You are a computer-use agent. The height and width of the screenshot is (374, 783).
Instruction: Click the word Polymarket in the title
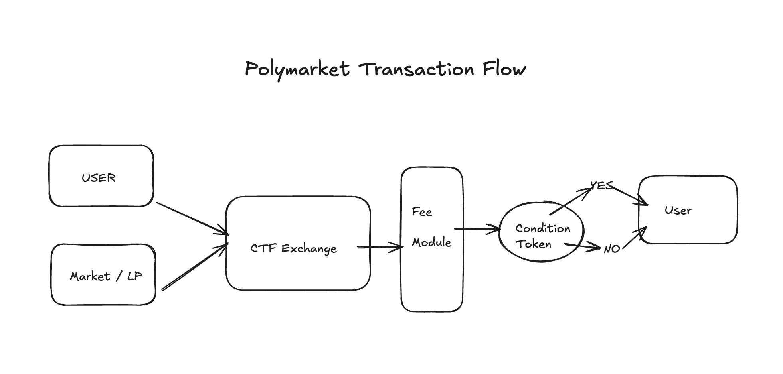297,69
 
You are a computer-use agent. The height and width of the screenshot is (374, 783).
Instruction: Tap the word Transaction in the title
416,69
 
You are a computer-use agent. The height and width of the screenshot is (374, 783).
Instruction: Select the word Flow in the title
504,69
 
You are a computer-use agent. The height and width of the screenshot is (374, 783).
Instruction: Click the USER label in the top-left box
99,178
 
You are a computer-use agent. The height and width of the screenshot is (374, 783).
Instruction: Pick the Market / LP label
106,276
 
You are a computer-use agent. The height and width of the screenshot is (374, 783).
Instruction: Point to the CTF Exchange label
293,248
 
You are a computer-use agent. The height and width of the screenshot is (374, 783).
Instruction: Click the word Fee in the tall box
422,212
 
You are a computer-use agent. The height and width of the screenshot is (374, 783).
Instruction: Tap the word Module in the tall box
431,242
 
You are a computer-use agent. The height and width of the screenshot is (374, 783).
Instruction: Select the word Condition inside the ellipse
543,228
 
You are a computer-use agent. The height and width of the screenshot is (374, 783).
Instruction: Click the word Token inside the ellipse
533,244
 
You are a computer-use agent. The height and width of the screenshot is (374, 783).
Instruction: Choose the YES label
601,186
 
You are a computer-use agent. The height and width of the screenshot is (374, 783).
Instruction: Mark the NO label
611,249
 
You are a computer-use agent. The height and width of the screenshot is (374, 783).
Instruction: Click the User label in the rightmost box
678,211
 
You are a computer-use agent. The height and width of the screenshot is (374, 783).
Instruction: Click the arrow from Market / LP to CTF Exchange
195,267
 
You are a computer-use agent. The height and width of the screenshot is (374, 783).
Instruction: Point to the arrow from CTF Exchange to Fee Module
380,248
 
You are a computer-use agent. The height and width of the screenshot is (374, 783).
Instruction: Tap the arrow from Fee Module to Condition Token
477,229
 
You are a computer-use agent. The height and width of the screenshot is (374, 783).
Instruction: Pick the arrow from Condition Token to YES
571,201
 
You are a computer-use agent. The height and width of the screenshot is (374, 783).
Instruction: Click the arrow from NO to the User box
635,238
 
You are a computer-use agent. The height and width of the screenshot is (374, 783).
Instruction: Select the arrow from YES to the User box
629,195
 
